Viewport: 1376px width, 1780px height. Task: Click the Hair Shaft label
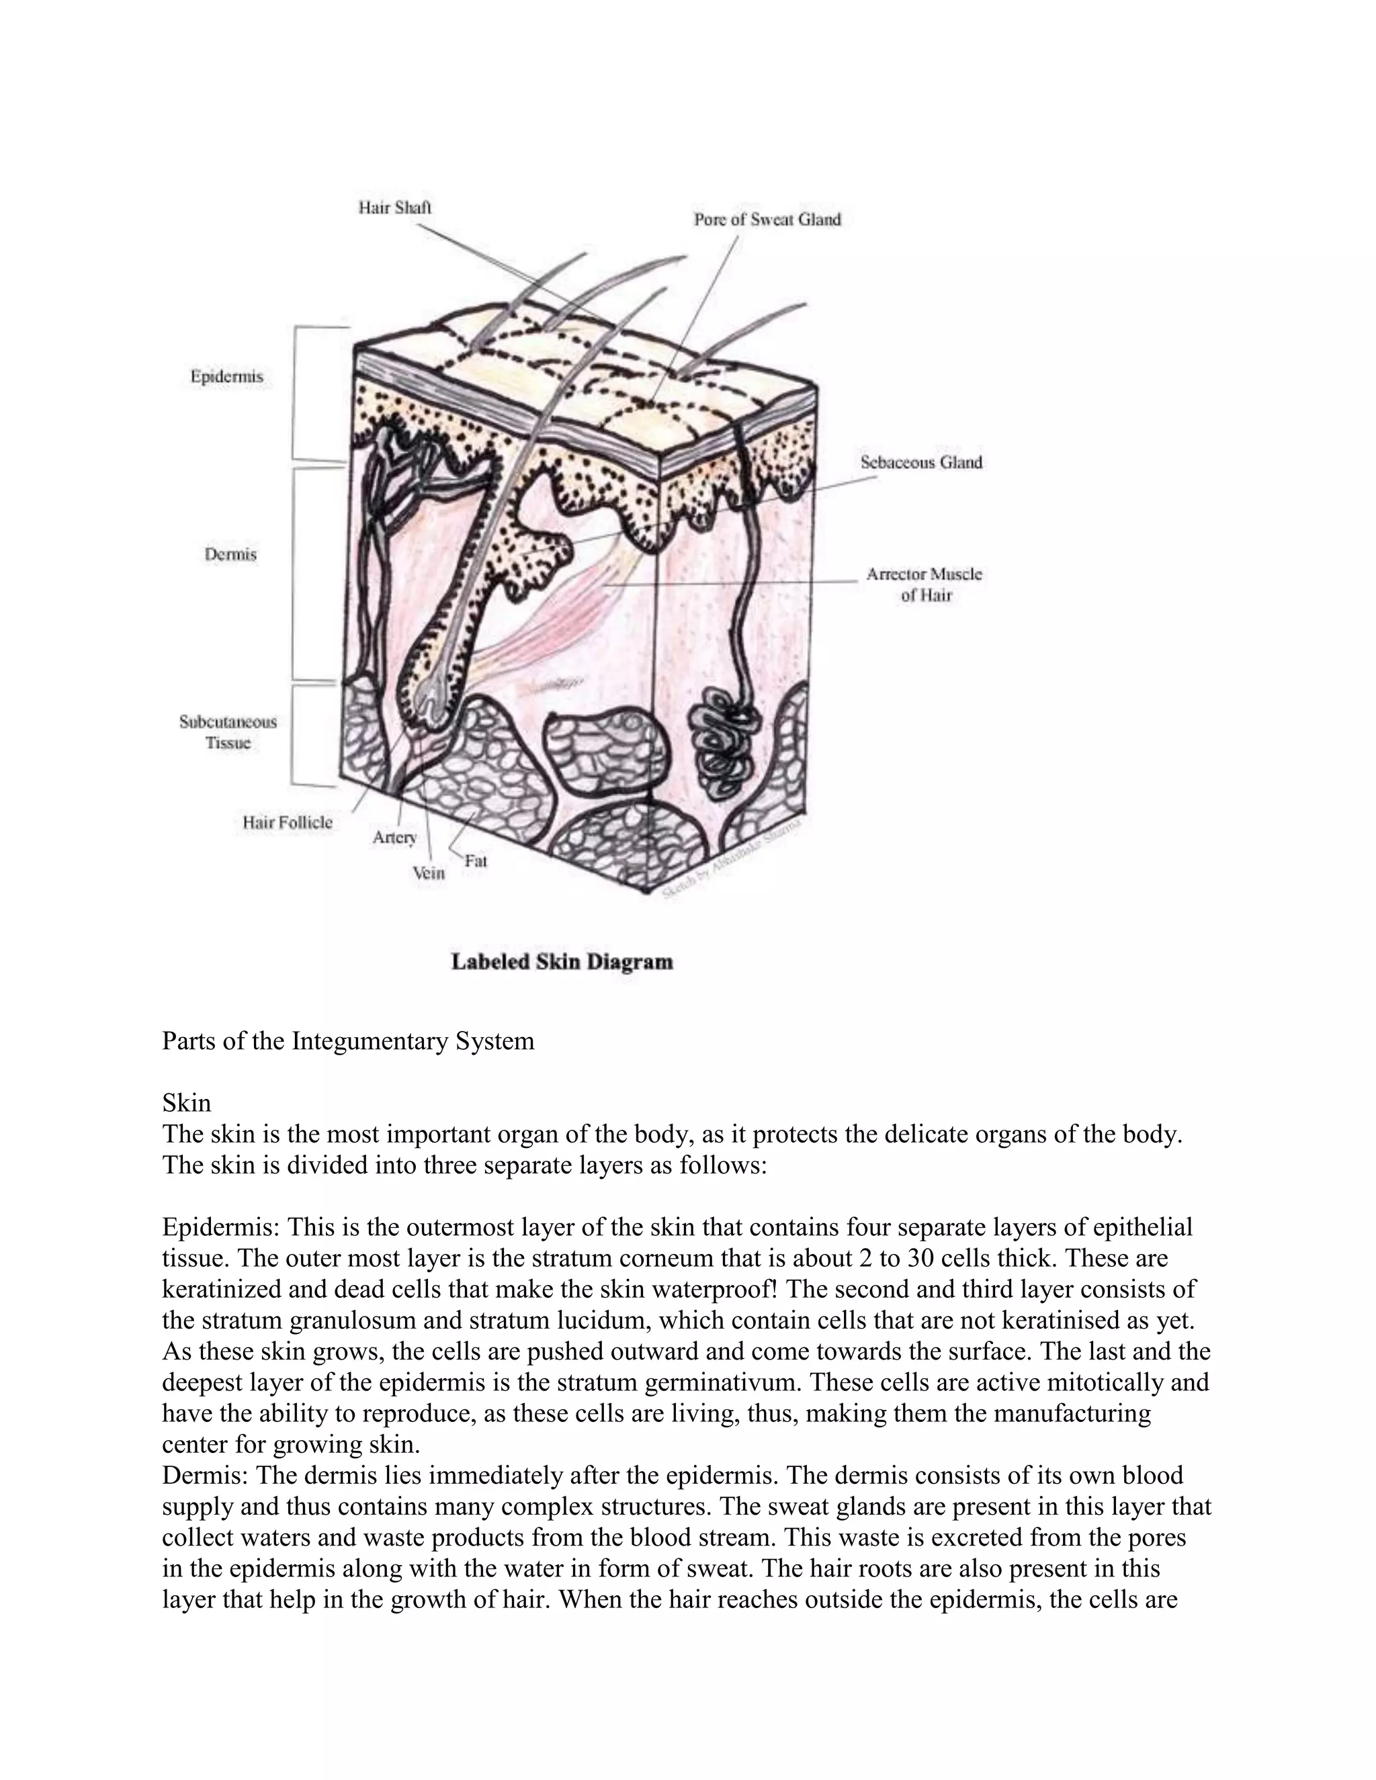[394, 208]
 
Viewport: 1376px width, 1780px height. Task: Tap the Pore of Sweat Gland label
[766, 219]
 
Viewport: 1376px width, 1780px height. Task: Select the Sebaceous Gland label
[921, 462]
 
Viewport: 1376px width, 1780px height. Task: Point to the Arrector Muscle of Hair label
[924, 584]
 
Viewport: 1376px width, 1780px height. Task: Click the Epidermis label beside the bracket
[226, 377]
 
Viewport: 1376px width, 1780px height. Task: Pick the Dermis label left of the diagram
[230, 554]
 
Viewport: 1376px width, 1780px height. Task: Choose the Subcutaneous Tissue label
[228, 731]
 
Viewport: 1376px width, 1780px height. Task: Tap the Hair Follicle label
[287, 821]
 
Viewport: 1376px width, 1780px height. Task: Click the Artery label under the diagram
[394, 837]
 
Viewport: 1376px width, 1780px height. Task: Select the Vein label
[428, 873]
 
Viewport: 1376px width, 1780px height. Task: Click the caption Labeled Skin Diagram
[562, 962]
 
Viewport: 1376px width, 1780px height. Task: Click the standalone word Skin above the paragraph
[187, 1103]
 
